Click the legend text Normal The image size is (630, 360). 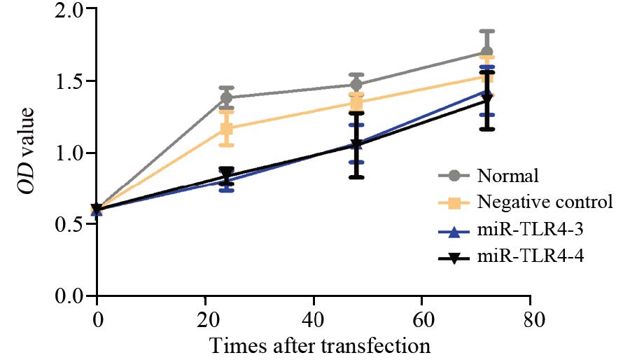coord(507,174)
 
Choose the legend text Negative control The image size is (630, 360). coord(545,202)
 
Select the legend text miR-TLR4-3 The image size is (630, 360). coord(529,230)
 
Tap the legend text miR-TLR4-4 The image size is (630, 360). coord(529,258)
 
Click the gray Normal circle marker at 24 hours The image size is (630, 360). coord(227,97)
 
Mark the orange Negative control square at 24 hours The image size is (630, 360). coord(227,128)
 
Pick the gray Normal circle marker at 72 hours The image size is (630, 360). coord(487,53)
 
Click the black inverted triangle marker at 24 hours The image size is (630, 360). coord(227,174)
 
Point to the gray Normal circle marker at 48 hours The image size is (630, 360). coord(357,85)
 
